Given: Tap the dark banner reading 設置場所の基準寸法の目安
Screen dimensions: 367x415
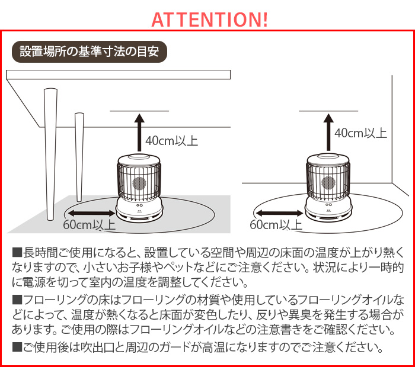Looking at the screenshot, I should pos(90,51).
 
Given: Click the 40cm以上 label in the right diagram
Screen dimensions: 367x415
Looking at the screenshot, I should pos(360,133).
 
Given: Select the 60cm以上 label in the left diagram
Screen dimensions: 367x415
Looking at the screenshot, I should pos(89,226).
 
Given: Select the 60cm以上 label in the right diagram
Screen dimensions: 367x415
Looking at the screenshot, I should pos(276,226).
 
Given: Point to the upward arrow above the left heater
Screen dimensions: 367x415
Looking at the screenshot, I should pos(139,133).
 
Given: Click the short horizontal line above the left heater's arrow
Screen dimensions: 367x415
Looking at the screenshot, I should pos(139,111).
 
